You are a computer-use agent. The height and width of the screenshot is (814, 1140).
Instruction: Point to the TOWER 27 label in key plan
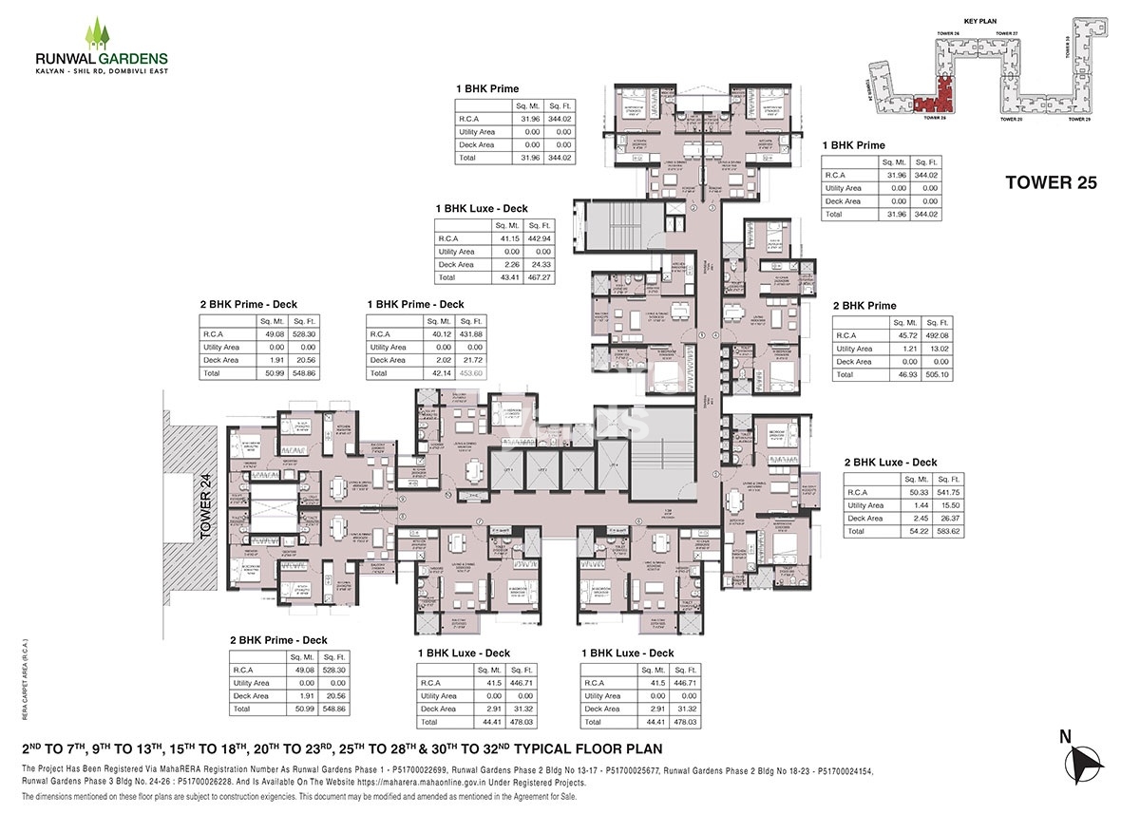click(x=1007, y=33)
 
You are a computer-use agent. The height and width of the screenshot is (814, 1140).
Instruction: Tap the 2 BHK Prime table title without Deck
click(x=864, y=306)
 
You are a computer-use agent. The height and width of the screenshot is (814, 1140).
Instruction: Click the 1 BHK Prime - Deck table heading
click(x=415, y=304)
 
